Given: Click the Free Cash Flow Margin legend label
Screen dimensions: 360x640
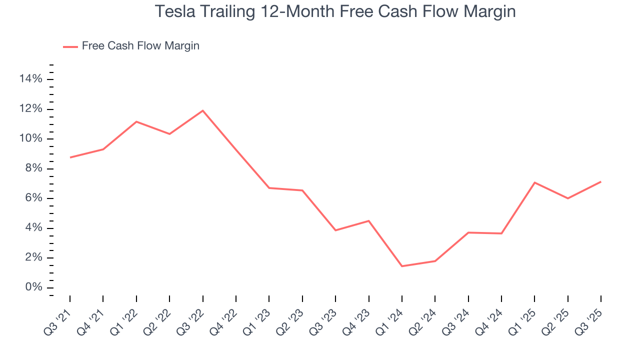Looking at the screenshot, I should (140, 46).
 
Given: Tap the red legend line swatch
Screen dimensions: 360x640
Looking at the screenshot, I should (70, 46).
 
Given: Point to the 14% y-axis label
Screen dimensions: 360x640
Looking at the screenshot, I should (30, 79).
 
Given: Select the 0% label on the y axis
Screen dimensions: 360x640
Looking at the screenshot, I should (33, 287).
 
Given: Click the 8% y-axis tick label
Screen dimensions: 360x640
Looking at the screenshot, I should (33, 168).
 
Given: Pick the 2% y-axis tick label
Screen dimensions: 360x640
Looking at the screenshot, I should (33, 258).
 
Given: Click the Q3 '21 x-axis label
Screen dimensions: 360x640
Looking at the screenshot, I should (60, 316).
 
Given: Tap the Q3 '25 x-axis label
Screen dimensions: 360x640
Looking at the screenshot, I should (591, 316).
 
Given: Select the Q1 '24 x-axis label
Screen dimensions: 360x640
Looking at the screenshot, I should (392, 316).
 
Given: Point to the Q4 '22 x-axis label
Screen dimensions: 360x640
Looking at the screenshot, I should (226, 316).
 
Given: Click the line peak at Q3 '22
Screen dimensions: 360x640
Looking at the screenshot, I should (202, 110).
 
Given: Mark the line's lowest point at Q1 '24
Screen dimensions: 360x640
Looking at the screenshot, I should (402, 266).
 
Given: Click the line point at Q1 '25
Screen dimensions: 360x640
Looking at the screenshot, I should (534, 182).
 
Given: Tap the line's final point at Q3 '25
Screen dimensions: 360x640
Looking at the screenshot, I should (601, 181).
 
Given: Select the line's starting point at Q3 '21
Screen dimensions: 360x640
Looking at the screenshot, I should (70, 157).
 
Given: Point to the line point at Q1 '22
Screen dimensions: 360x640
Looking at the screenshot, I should (136, 121).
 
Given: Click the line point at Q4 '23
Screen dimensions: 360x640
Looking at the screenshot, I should (368, 220).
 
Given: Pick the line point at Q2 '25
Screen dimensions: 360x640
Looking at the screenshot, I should (568, 198).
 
